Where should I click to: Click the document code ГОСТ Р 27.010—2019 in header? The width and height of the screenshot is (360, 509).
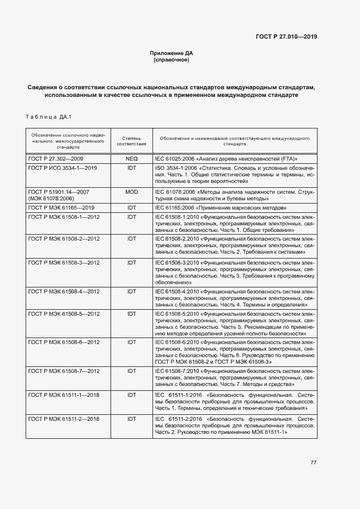[x=286, y=37]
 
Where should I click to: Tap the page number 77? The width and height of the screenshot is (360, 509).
[x=314, y=462]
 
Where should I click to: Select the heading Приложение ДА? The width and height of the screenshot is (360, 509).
[x=172, y=53]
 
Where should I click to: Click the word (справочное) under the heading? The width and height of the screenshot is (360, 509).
[x=172, y=60]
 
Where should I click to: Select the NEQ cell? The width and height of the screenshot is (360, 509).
[x=131, y=158]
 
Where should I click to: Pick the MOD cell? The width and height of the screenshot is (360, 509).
[x=131, y=192]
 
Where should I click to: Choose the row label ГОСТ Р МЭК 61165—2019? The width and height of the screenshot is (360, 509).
[x=62, y=208]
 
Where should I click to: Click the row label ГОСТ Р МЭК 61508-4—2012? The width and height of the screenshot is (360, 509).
[x=64, y=291]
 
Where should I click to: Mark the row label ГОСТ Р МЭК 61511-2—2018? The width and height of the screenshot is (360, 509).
[x=64, y=419]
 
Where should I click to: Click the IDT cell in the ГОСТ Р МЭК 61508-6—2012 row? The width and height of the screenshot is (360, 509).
[x=131, y=341]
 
